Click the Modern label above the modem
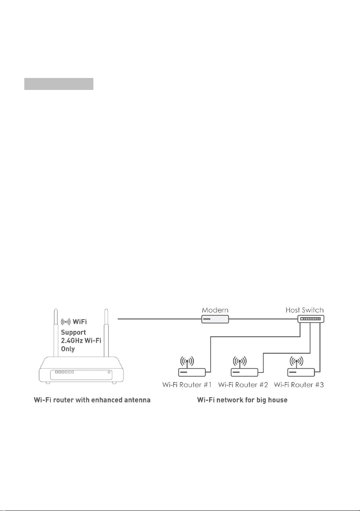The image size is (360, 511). tap(215, 310)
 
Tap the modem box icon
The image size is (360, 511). tap(215, 319)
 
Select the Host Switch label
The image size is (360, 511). tap(304, 310)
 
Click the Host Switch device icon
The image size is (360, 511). tap(311, 319)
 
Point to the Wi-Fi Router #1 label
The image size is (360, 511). tap(187, 385)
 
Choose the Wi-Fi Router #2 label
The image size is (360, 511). tap(243, 385)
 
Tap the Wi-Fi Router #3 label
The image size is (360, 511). tap(299, 385)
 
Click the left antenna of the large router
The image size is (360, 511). tap(56, 333)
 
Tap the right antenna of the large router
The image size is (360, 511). tap(106, 333)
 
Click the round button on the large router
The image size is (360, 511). tap(109, 372)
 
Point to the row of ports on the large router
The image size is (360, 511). tap(64, 372)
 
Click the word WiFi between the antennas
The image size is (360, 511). tap(79, 321)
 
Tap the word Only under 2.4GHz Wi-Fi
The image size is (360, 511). tap(68, 349)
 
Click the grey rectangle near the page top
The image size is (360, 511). tap(59, 84)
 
